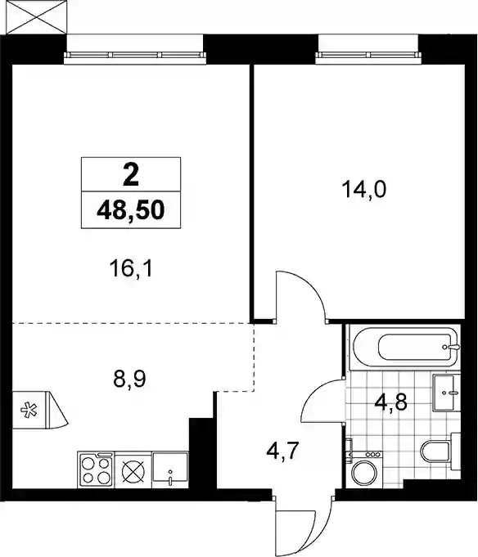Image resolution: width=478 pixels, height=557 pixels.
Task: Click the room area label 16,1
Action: click(131, 268)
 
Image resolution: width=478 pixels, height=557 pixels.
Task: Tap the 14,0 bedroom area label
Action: click(363, 189)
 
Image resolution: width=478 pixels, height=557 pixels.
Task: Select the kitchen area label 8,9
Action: click(129, 379)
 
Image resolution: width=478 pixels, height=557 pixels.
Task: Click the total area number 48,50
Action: click(131, 210)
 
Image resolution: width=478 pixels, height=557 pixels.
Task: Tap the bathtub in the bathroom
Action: click(405, 346)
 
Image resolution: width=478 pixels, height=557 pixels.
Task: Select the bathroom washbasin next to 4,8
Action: click(446, 393)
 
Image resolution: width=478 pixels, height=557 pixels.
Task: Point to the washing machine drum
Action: click(364, 473)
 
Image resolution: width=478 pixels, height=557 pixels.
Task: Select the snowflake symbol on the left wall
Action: click(29, 410)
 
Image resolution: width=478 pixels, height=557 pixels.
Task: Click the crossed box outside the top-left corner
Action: click(37, 17)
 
